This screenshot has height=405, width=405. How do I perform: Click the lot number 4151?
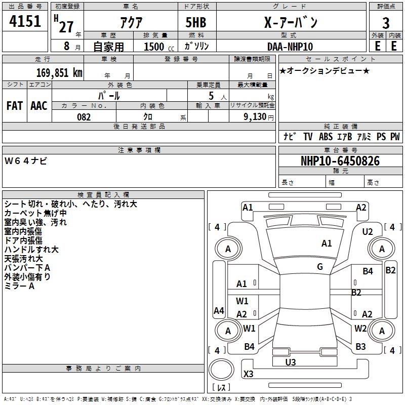click(25, 23)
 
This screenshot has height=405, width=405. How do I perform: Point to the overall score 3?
click(386, 23)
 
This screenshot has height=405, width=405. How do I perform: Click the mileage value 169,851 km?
click(59, 72)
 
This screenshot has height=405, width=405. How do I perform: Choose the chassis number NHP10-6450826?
click(340, 161)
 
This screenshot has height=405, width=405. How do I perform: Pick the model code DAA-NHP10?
click(290, 47)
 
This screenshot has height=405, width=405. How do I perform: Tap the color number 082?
click(84, 117)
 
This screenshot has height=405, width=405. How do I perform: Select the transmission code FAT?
click(14, 106)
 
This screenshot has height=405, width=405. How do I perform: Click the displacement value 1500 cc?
click(154, 47)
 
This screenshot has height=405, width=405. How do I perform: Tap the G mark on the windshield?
click(320, 267)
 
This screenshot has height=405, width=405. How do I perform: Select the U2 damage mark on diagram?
click(368, 231)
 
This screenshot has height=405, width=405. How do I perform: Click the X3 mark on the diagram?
click(249, 374)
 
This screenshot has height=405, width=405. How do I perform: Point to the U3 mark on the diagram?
click(290, 362)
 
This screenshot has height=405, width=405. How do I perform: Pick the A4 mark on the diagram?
click(219, 310)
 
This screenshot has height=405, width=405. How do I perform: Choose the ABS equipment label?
click(326, 137)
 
